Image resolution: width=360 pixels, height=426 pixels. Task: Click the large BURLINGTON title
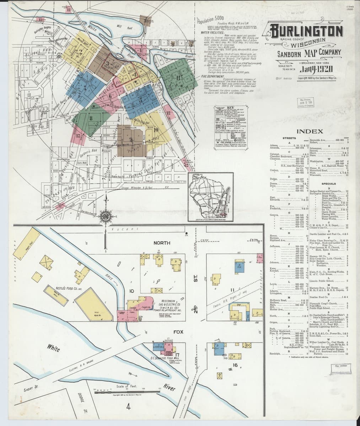pos(306,31)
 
